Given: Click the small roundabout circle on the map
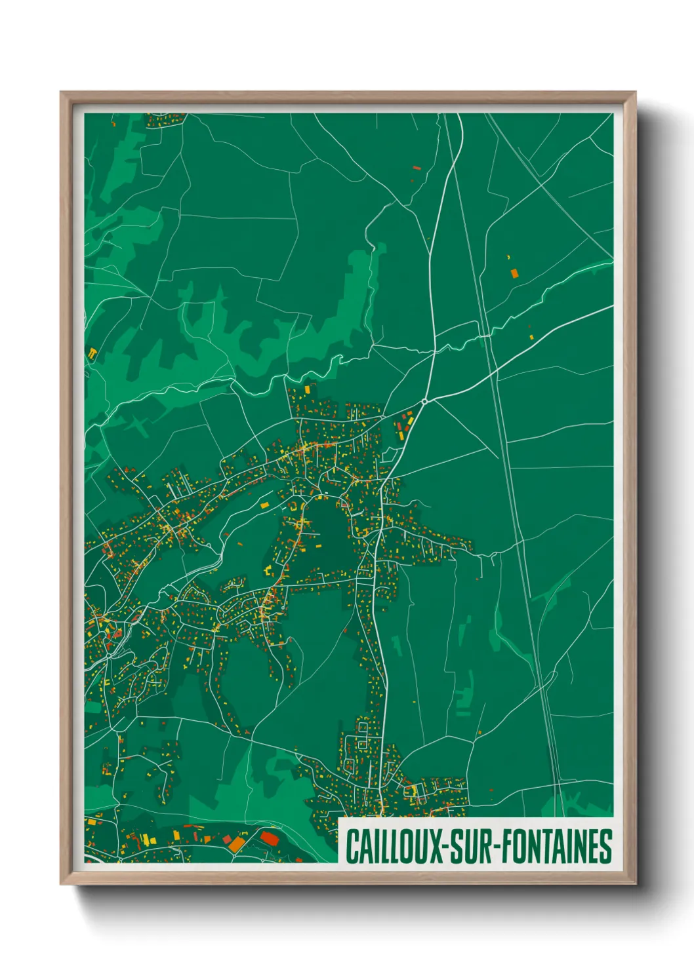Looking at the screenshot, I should [x=425, y=401].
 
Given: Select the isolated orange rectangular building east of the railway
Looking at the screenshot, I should [x=514, y=272].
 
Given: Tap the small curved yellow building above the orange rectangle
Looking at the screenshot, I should [x=509, y=256].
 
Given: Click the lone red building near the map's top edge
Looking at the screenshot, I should [x=416, y=168].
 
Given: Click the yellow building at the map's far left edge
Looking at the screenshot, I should [x=92, y=354].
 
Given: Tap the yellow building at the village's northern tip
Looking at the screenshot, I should [x=306, y=388].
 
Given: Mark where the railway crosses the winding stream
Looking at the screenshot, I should [x=485, y=334].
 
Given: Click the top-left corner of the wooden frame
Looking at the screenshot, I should [x=61, y=92].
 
